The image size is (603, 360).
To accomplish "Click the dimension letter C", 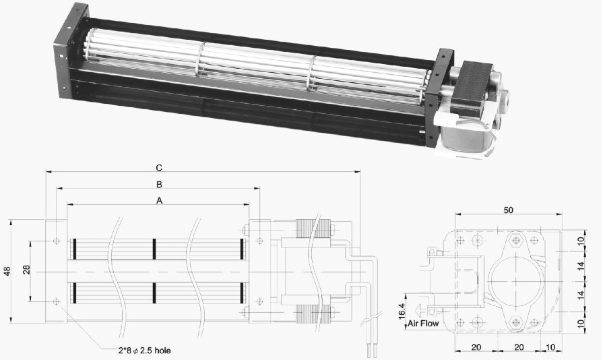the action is tap(159, 168).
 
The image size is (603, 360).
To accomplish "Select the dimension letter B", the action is tap(159, 185).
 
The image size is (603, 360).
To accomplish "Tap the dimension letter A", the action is tap(159, 200).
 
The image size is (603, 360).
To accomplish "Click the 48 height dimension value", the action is tap(7, 271).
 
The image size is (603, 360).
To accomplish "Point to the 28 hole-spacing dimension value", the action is tap(26, 269).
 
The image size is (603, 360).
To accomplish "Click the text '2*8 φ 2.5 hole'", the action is tap(144, 351).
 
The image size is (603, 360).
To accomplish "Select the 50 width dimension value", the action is tap(509, 210).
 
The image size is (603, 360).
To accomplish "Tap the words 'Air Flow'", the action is tap(423, 324).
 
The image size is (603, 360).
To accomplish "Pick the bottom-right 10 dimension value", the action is tap(550, 347).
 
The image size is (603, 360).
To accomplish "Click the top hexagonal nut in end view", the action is tap(515, 241).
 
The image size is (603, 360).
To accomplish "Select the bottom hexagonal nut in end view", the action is tap(515, 322).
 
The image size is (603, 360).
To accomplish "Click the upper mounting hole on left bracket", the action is tap(57, 241).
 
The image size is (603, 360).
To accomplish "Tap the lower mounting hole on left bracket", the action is tap(57, 301).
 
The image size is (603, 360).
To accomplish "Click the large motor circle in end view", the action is tap(515, 281).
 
